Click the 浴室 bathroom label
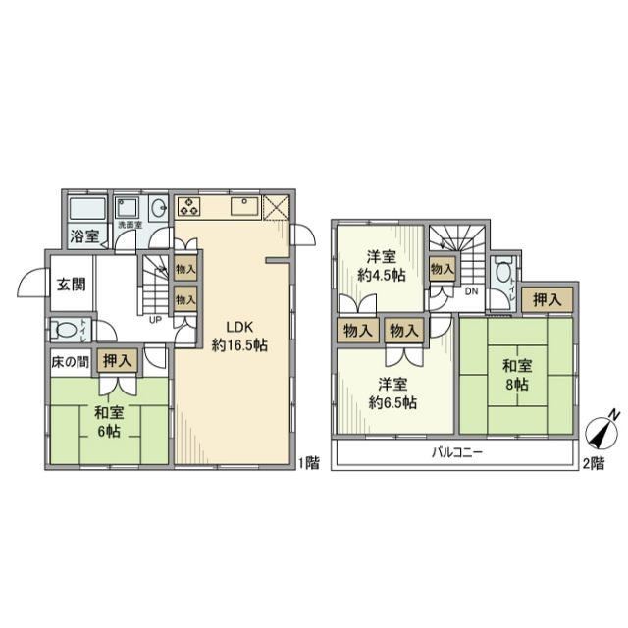point(83,235)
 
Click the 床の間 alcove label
point(70,361)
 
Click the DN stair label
point(471,291)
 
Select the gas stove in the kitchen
point(188,206)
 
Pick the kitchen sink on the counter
point(243,206)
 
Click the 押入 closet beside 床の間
point(116,361)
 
